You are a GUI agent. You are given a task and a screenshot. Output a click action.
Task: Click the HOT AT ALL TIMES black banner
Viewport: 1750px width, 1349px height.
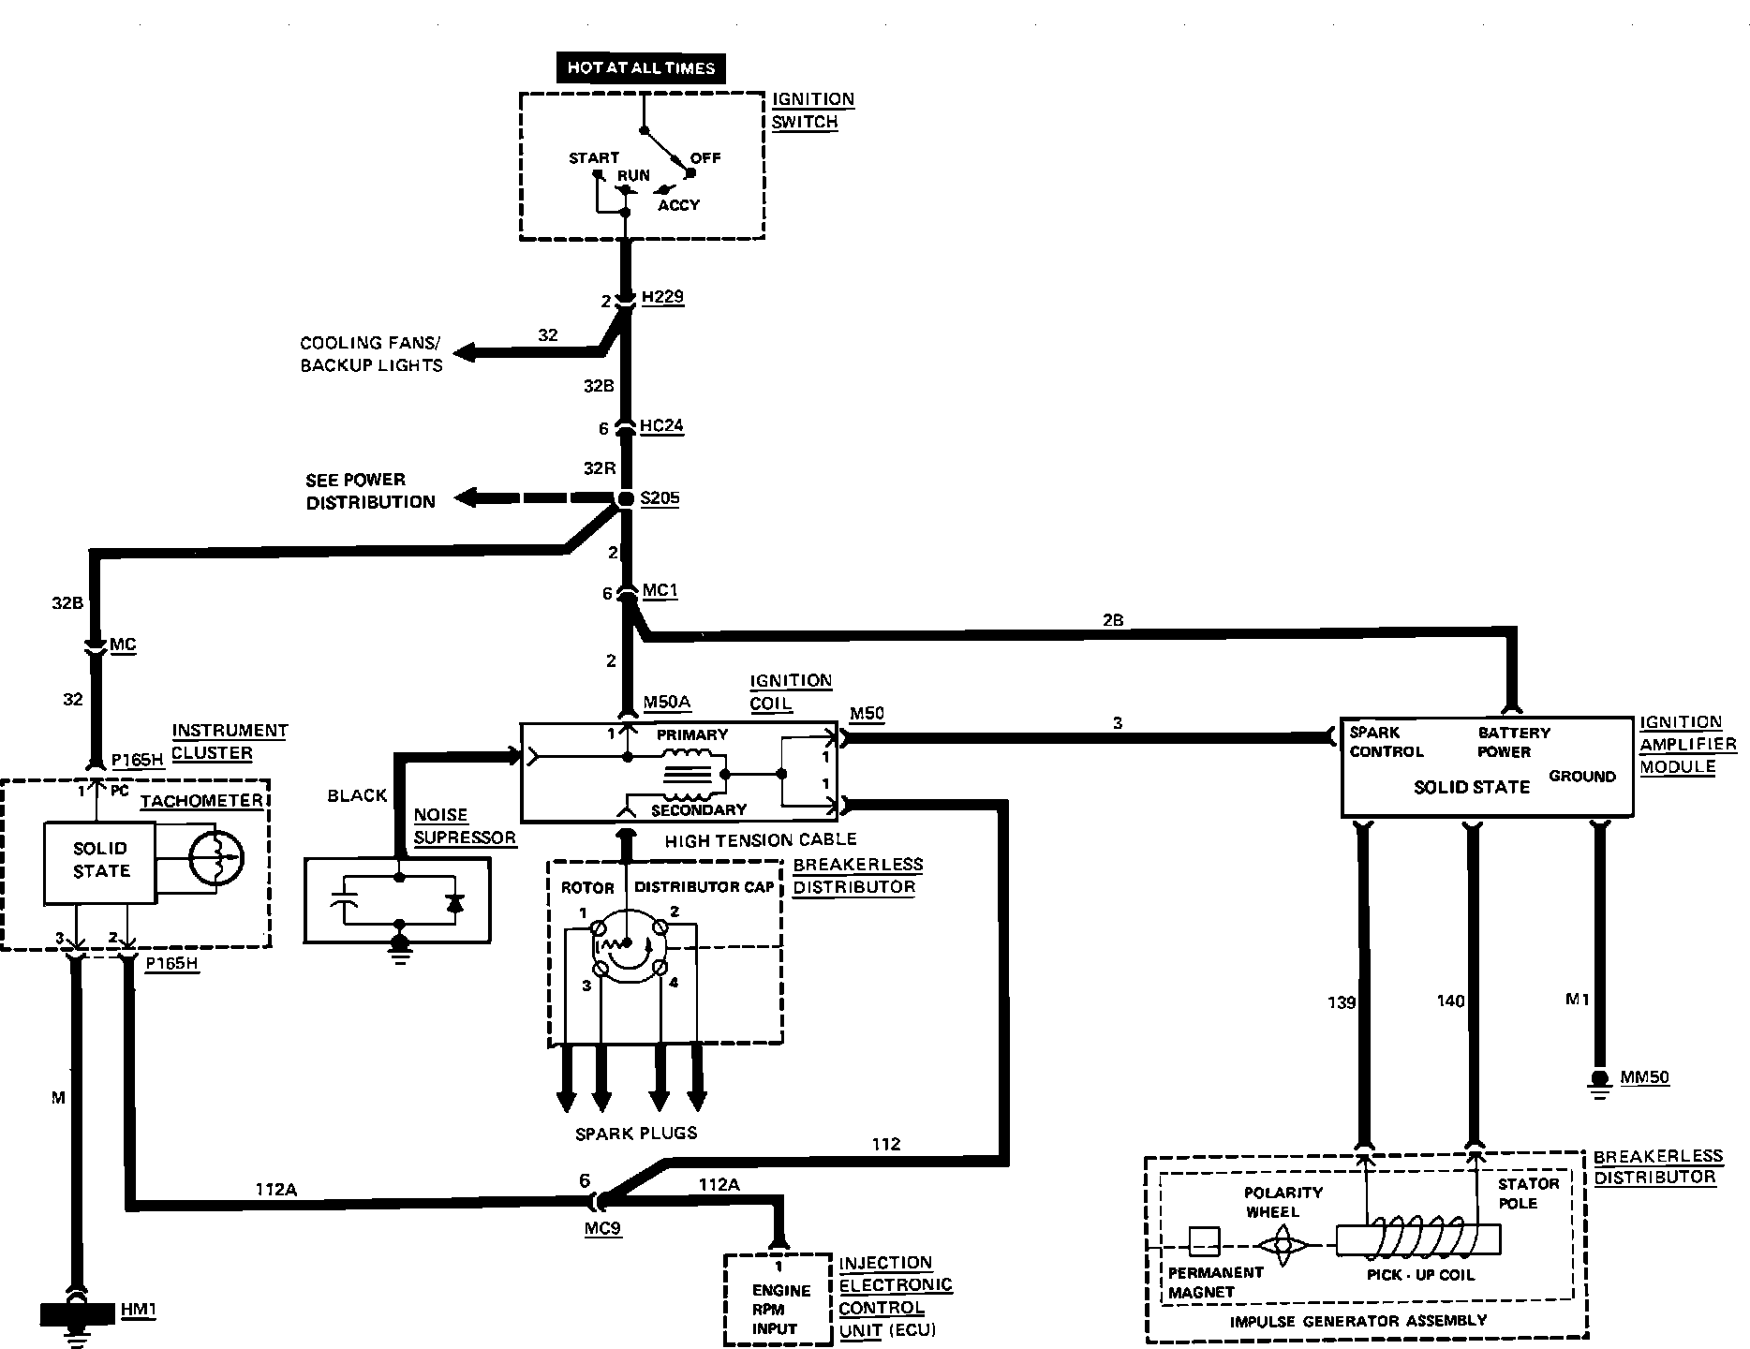pos(641,67)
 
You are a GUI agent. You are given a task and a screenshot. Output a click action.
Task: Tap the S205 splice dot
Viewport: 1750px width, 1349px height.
pos(625,499)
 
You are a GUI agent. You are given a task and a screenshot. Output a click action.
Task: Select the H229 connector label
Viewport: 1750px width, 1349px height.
pos(662,297)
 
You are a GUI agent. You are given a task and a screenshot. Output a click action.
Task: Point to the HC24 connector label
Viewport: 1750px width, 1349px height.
pos(661,426)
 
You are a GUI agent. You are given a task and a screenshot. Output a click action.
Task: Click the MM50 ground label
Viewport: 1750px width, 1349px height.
pos(1645,1077)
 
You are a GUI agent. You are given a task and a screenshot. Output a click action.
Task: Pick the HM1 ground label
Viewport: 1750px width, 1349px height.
pos(139,1310)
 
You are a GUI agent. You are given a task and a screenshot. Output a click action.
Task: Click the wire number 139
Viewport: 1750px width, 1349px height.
pos(1342,1002)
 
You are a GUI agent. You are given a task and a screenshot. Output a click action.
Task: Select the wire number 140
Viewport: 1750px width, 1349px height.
pos(1450,1001)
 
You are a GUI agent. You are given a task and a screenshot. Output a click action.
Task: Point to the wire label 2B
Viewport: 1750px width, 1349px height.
pos(1113,620)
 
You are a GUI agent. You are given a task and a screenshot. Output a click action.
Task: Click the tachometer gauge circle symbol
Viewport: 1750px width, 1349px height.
pos(215,856)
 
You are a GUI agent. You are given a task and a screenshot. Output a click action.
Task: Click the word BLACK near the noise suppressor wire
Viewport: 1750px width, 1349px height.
pos(357,795)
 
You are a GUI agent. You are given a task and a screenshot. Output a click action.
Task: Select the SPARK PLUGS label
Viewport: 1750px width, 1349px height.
pos(636,1134)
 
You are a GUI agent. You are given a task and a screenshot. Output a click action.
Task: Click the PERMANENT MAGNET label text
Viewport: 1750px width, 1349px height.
pos(1215,1282)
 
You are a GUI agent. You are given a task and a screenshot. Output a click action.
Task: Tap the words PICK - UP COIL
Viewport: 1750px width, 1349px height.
pos(1420,1275)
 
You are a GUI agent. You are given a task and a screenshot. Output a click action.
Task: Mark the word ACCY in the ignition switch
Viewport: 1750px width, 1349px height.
pos(678,205)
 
